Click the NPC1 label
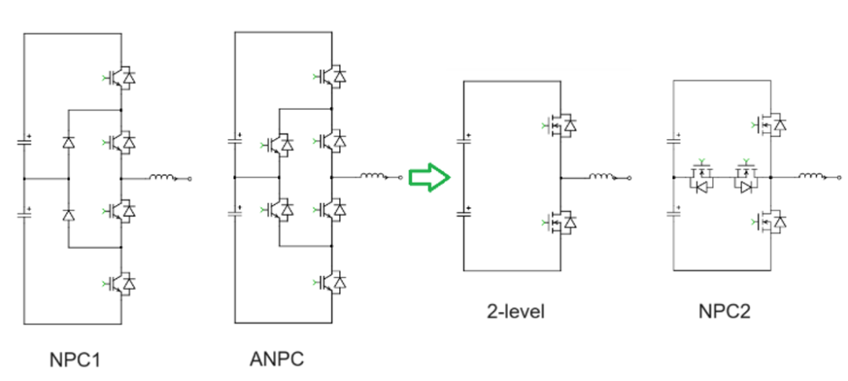77,360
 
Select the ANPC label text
276,360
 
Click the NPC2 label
724,312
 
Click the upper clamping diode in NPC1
68,144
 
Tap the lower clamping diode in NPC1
68,214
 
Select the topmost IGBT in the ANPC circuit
333,76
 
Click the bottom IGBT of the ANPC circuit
333,280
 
